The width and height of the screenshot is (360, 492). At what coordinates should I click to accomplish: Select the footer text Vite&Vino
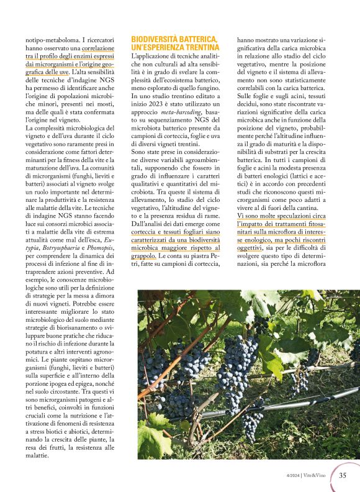pos(317,476)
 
